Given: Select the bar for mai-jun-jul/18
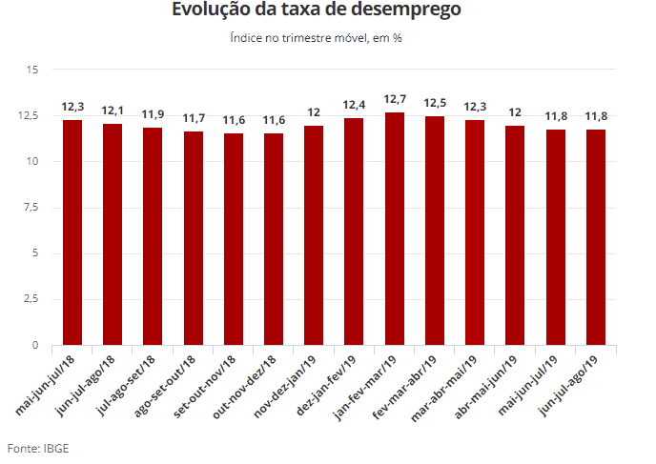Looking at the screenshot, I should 72,232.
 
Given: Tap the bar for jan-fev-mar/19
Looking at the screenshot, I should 395,229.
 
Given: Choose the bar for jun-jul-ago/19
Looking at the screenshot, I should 596,237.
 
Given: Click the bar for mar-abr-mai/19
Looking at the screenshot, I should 475,232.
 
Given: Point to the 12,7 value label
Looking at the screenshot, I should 395,99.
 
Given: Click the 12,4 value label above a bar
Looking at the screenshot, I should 355,104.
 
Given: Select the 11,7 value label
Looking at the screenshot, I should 194,118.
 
